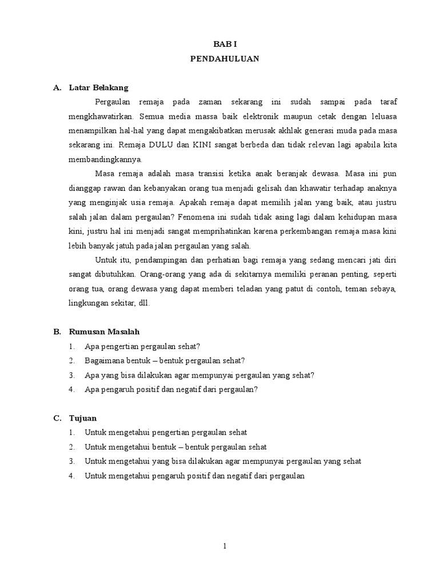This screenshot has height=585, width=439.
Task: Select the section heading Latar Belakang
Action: point(98,87)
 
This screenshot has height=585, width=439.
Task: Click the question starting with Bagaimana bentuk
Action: point(165,361)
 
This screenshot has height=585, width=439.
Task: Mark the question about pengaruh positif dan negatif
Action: point(171,390)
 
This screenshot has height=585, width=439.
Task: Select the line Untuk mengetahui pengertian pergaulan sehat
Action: point(165,433)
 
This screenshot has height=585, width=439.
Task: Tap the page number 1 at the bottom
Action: point(225,546)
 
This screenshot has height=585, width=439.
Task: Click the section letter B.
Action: point(57,332)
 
